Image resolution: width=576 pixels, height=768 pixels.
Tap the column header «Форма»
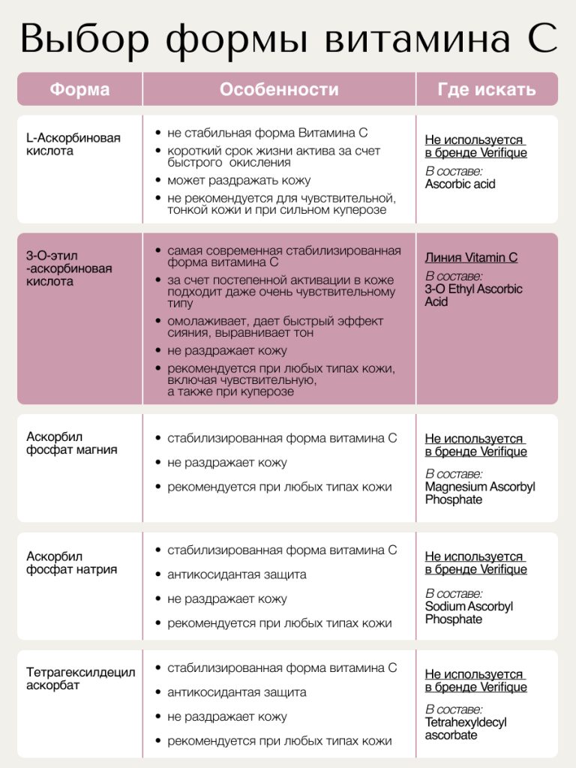click(x=79, y=90)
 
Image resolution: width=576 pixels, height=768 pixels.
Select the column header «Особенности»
click(x=279, y=90)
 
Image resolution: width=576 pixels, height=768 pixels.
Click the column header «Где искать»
click(x=487, y=90)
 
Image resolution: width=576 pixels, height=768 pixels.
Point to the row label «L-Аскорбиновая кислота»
click(x=73, y=144)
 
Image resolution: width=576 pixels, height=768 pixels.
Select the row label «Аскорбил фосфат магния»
click(x=72, y=443)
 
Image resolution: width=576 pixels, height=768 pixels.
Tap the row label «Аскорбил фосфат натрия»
click(x=72, y=563)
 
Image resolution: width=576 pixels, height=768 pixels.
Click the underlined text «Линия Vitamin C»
click(x=471, y=257)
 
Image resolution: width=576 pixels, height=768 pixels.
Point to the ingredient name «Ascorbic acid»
click(x=460, y=184)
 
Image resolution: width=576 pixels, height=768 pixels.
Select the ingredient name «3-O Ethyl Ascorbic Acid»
click(x=473, y=295)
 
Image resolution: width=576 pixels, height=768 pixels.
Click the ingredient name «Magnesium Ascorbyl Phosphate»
click(x=480, y=493)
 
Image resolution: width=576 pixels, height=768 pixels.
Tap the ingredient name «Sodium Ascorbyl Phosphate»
click(x=469, y=613)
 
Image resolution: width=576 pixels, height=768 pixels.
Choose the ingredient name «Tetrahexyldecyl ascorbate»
click(x=466, y=728)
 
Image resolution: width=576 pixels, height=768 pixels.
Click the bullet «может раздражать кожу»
click(x=238, y=181)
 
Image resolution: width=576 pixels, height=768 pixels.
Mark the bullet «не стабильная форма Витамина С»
click(x=267, y=133)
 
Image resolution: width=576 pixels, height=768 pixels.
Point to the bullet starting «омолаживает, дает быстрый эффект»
click(x=275, y=326)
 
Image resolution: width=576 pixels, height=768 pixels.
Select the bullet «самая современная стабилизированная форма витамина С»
click(x=283, y=256)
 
